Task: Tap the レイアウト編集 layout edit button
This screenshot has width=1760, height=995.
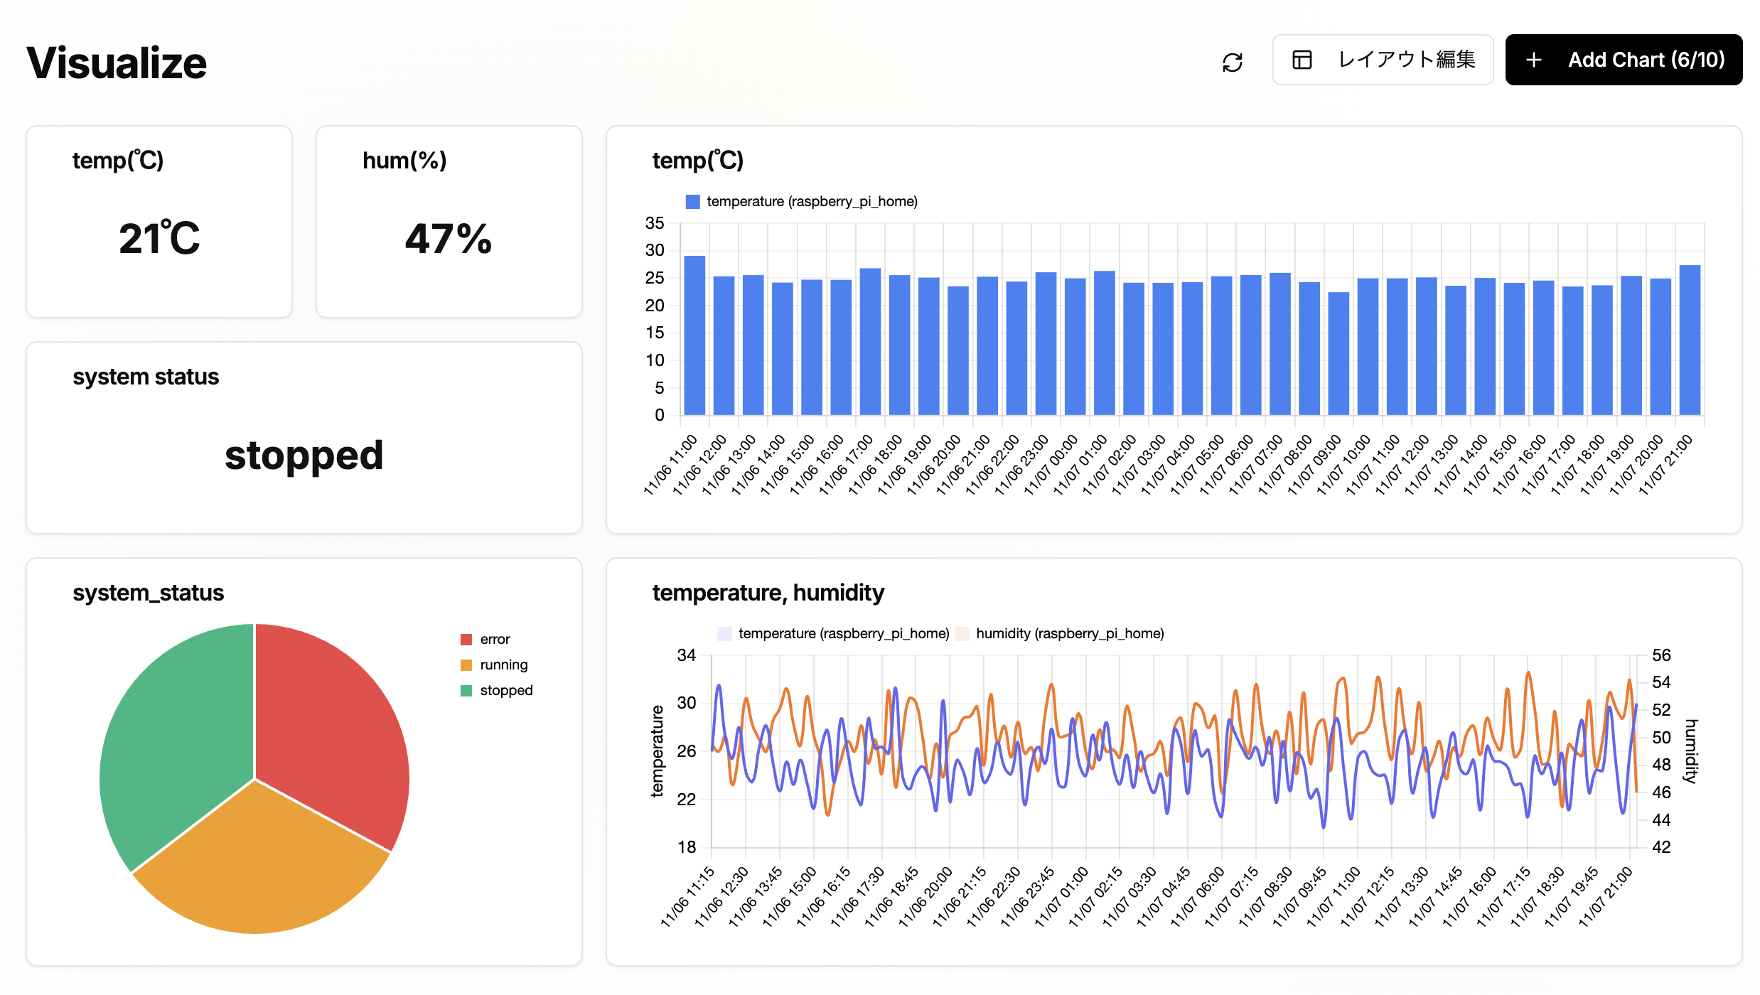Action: click(x=1383, y=60)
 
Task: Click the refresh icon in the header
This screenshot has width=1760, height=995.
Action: click(x=1232, y=63)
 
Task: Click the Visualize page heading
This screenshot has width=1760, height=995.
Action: click(x=117, y=63)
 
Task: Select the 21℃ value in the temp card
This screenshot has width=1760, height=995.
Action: click(x=159, y=238)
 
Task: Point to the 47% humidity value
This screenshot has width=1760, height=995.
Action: click(x=449, y=239)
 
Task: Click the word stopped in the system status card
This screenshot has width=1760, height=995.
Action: click(x=304, y=456)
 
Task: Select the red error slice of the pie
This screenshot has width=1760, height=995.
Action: click(x=327, y=725)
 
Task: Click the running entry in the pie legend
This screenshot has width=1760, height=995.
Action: click(x=503, y=665)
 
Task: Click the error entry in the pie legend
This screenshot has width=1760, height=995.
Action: click(x=494, y=640)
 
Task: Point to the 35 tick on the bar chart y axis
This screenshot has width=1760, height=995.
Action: click(x=654, y=223)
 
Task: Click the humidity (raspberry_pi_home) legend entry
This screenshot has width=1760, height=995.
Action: click(x=1068, y=634)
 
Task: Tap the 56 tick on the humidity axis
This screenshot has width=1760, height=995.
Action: click(x=1660, y=655)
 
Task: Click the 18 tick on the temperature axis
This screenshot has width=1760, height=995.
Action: click(x=686, y=847)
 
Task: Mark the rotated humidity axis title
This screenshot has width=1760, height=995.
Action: click(x=1691, y=751)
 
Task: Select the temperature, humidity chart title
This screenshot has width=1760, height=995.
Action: click(x=768, y=593)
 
